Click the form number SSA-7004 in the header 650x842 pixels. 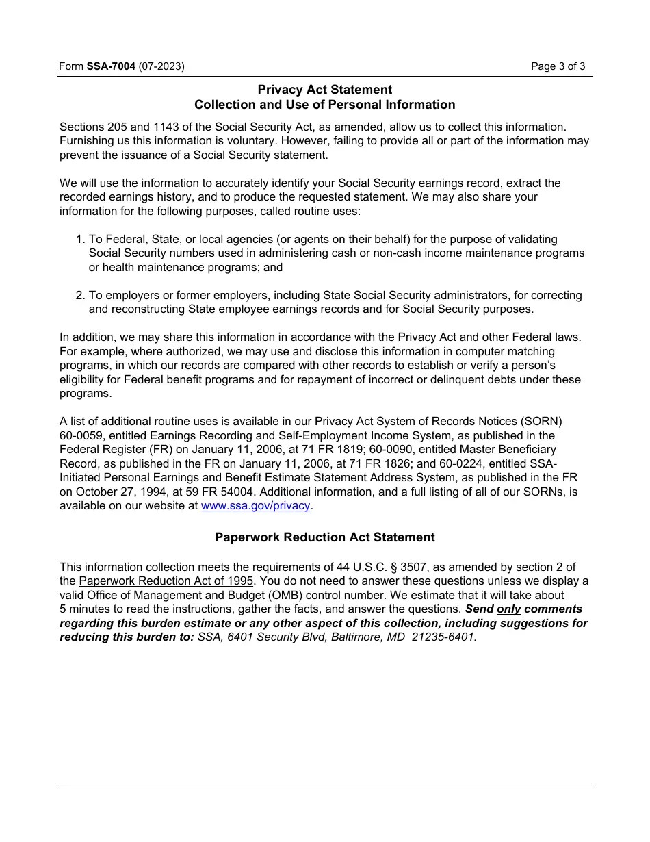[111, 66]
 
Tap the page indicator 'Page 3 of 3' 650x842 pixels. [558, 66]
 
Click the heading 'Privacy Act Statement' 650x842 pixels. [324, 90]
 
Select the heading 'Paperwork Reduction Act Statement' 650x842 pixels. [324, 537]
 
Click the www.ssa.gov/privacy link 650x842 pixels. [256, 506]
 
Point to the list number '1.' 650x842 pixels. [79, 239]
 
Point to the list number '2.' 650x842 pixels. [79, 295]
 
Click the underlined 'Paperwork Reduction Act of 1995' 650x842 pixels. [166, 581]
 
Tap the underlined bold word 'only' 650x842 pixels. [509, 609]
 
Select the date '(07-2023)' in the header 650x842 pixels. [161, 66]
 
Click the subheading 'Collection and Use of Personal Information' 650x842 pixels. [324, 105]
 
